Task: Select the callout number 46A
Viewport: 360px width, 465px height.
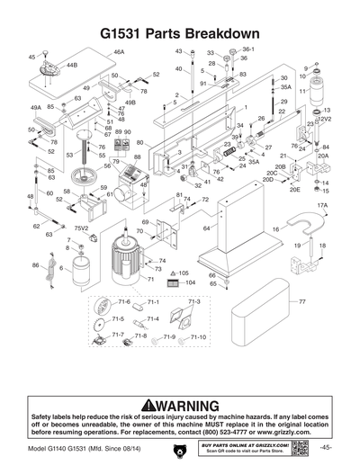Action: click(x=119, y=53)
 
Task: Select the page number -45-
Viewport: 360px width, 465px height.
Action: click(x=326, y=448)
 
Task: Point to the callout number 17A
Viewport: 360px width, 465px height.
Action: click(x=321, y=206)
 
